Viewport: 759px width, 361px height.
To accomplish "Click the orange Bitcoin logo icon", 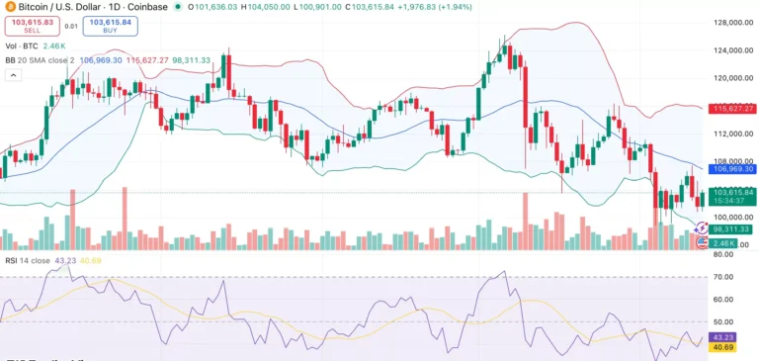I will click(x=7, y=6).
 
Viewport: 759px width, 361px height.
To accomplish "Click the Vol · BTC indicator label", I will click(x=23, y=45).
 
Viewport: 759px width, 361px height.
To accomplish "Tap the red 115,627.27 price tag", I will click(x=732, y=108).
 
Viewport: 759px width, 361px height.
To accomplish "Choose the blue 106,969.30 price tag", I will click(x=732, y=169).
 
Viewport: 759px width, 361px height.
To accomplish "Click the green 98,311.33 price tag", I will click(x=732, y=228).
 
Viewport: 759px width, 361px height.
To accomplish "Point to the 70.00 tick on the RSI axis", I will click(x=724, y=276).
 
